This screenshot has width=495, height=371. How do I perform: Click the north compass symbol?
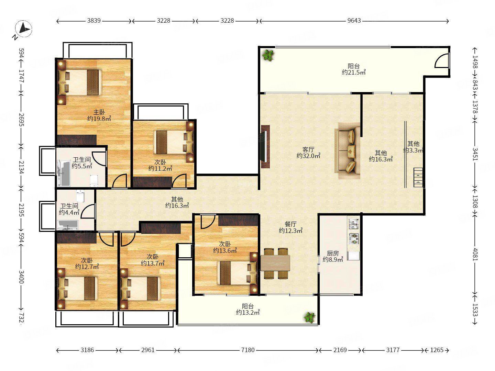tap(23, 29)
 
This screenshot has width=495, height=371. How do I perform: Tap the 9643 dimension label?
tap(354, 21)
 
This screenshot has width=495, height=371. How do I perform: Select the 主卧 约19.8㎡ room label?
tap(99, 115)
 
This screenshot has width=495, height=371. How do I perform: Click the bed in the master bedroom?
tap(80, 82)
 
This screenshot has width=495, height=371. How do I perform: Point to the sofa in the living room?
tap(348, 150)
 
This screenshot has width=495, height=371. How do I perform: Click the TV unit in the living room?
tap(265, 146)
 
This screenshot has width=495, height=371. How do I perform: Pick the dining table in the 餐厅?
tap(275, 263)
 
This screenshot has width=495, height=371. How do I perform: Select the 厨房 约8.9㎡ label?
tap(333, 257)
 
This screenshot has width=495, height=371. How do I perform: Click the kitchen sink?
tap(354, 223)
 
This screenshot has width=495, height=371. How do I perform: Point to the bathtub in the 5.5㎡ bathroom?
tap(64, 173)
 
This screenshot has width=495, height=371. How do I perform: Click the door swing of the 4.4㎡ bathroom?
tap(88, 211)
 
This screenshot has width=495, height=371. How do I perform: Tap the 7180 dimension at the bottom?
tap(247, 350)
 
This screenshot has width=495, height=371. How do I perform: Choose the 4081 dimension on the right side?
tap(475, 255)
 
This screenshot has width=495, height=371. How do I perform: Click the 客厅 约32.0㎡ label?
tap(308, 153)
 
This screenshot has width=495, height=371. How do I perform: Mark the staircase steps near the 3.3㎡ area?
tap(418, 178)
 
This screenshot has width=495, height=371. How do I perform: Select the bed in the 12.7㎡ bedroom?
tap(78, 288)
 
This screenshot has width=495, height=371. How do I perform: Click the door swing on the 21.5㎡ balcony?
tap(442, 60)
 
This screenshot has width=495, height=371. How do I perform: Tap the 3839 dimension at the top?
tap(94, 21)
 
